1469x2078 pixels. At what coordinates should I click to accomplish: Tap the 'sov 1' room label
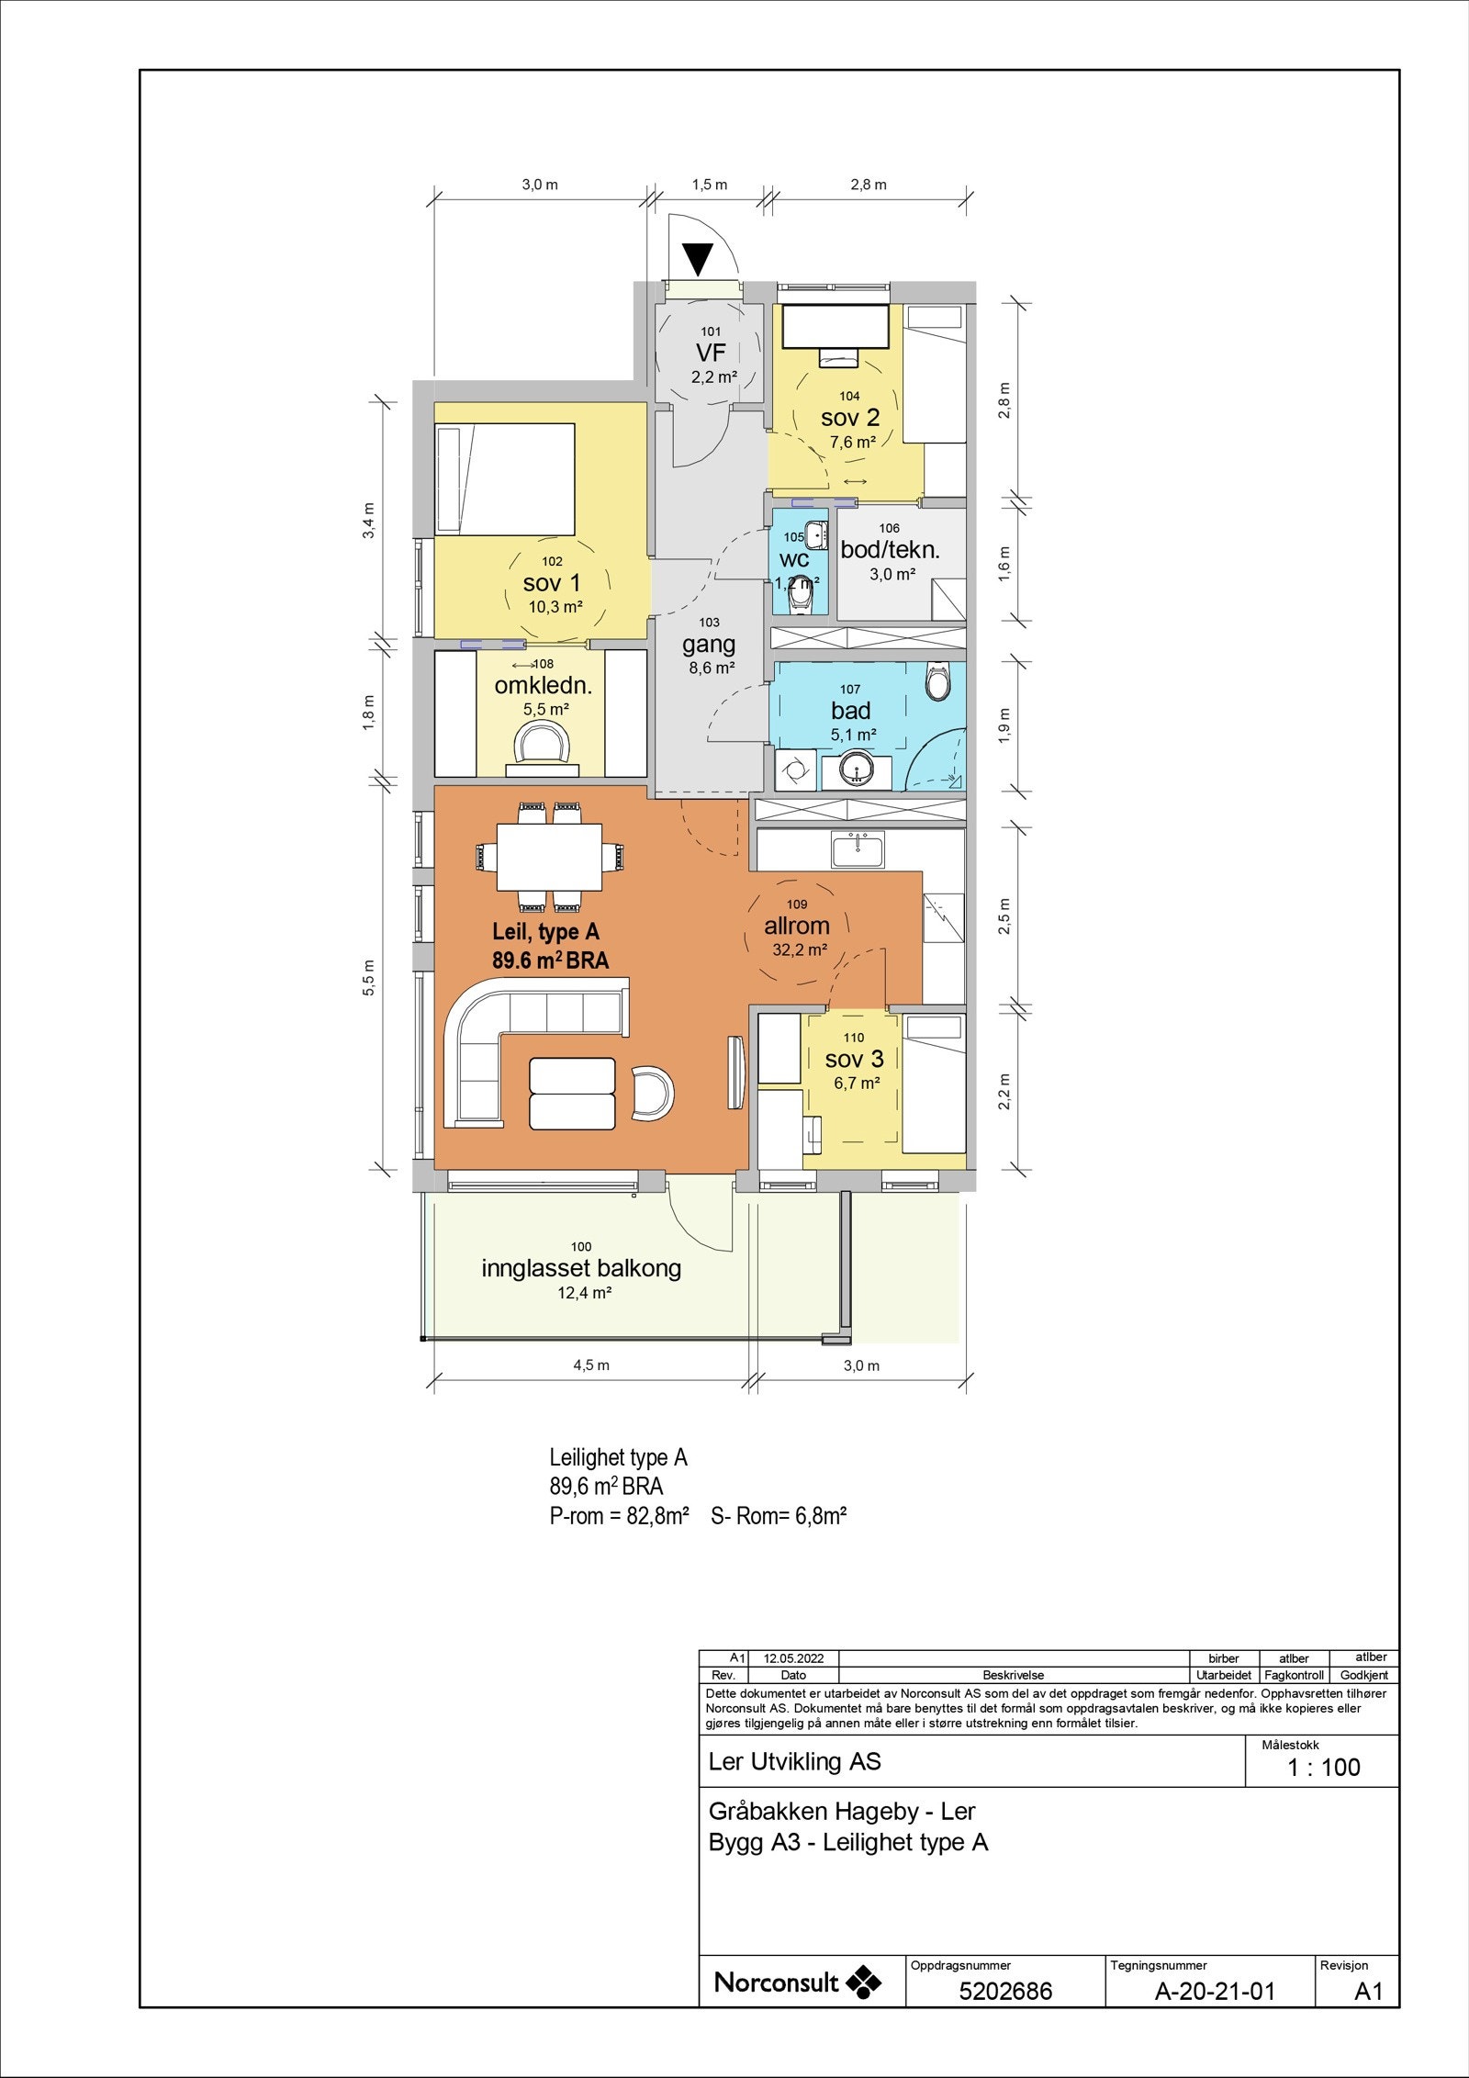(552, 582)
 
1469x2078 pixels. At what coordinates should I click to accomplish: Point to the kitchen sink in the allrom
(858, 849)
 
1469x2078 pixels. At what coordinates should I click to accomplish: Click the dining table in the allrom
(550, 857)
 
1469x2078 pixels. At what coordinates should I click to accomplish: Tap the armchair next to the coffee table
(654, 1094)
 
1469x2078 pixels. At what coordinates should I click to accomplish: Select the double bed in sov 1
(504, 478)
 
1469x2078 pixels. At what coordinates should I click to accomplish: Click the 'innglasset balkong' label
(581, 1268)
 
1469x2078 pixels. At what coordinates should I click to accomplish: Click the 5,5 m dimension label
(369, 977)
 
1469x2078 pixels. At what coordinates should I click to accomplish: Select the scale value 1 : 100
(1324, 1768)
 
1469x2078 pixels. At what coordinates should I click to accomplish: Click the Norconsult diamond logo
(863, 1983)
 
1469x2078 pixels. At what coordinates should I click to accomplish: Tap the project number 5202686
(1005, 1991)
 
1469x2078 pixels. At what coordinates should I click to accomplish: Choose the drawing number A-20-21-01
(1215, 1991)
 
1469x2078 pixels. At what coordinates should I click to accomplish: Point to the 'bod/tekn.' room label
(891, 550)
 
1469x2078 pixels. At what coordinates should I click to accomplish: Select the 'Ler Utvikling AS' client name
(794, 1762)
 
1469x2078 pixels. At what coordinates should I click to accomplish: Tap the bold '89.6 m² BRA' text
(550, 960)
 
